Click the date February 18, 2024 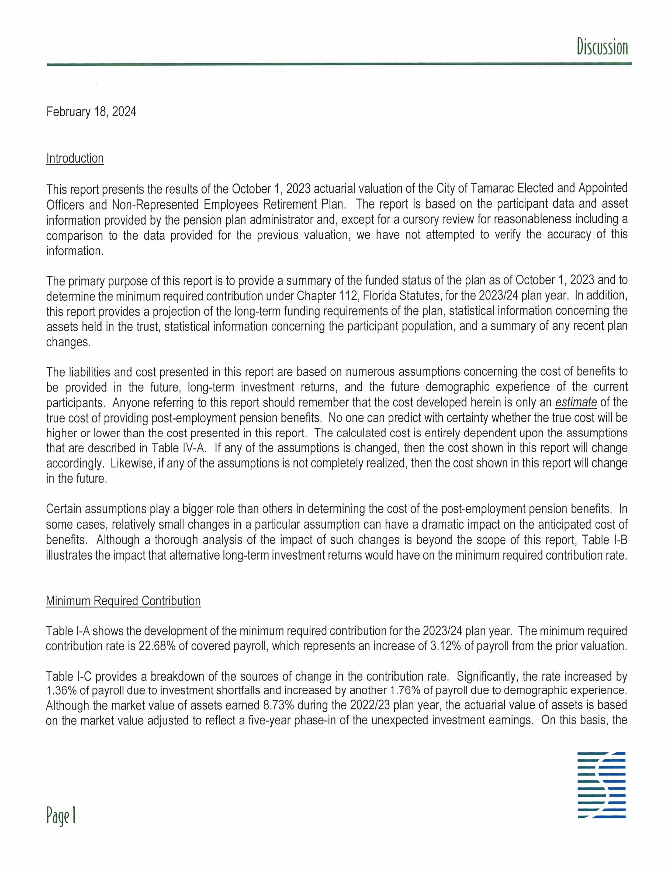tap(91, 112)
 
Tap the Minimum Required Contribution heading tap(123, 601)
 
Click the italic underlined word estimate tap(576, 402)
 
